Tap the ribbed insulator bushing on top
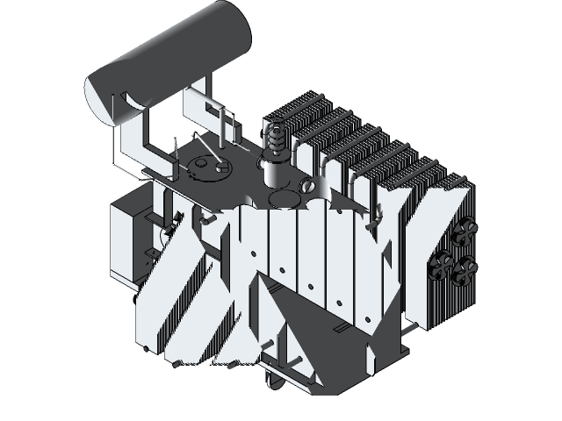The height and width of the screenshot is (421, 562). pyautogui.click(x=276, y=140)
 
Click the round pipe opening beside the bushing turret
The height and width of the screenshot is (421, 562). pyautogui.click(x=307, y=186)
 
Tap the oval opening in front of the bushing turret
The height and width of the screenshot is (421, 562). pyautogui.click(x=281, y=200)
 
